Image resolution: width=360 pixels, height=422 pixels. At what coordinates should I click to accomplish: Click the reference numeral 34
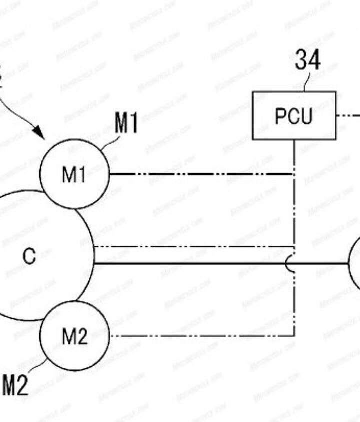(307, 60)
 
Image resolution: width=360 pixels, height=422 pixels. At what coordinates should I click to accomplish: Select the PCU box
(293, 115)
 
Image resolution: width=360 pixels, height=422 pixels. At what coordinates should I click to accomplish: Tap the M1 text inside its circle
(74, 174)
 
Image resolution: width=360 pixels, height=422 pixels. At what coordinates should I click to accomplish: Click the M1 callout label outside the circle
(126, 123)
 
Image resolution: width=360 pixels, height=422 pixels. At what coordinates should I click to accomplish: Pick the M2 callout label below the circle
(15, 385)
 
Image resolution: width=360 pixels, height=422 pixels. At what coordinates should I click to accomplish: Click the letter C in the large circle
(29, 256)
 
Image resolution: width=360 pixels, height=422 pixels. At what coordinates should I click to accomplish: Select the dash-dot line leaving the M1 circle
(200, 174)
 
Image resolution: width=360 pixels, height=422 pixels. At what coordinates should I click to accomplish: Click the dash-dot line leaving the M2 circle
(200, 336)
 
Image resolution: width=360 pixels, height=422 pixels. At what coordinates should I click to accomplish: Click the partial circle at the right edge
(355, 263)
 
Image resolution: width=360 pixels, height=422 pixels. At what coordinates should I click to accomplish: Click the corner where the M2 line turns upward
(294, 336)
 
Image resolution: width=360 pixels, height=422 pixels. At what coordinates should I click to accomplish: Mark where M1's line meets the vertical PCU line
(294, 174)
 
